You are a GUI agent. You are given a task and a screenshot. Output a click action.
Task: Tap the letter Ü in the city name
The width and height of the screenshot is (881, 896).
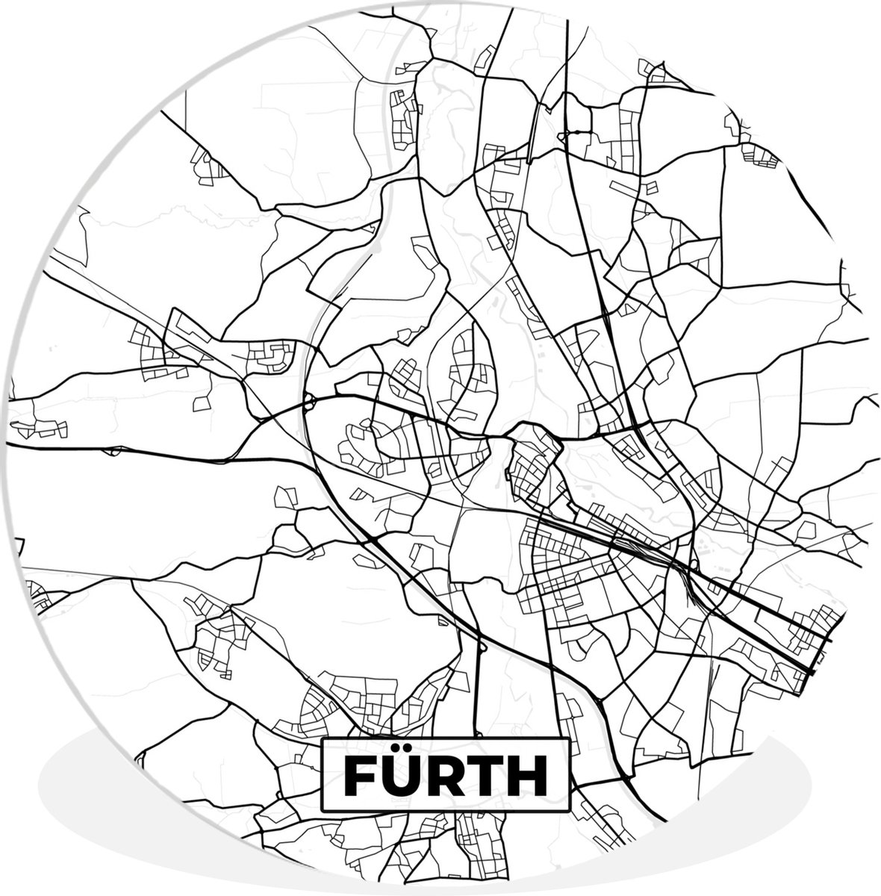402,779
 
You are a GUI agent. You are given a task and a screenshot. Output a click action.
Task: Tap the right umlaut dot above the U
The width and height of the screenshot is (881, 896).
410,755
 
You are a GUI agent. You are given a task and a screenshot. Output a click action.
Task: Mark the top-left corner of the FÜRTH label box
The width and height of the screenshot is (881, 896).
322,739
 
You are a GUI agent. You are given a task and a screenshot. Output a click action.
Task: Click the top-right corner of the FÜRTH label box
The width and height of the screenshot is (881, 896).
569,739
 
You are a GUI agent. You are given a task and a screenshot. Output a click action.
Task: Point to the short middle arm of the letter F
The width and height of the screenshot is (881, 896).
362,778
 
